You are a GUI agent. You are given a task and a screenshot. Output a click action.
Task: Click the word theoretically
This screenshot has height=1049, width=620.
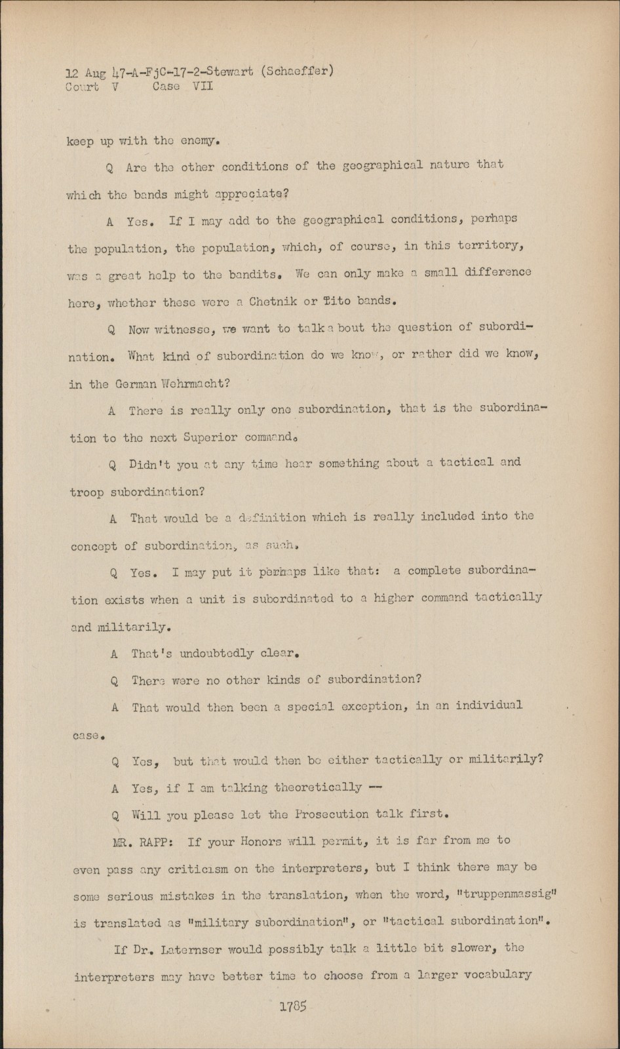click(318, 787)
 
